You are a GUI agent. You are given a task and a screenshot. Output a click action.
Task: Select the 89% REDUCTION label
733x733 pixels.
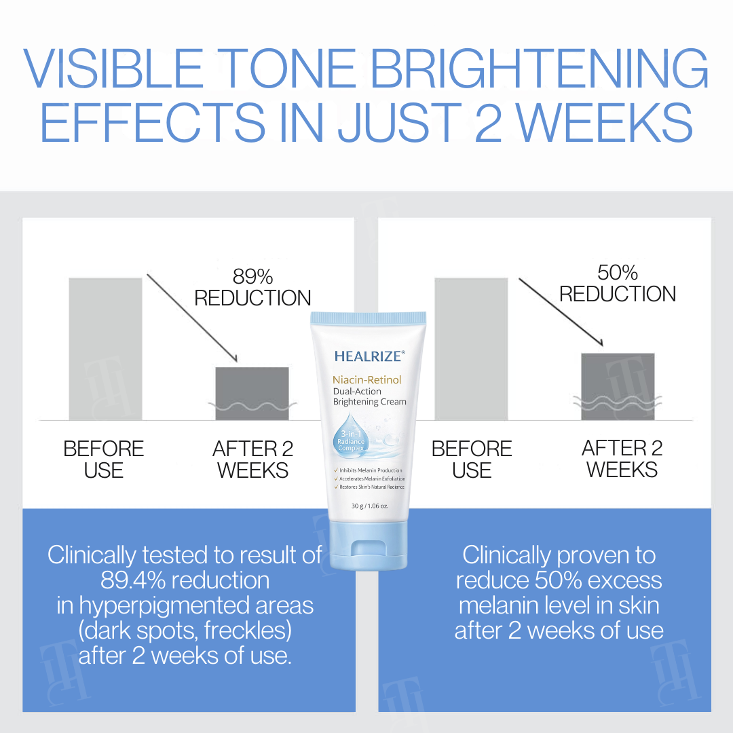pos(252,287)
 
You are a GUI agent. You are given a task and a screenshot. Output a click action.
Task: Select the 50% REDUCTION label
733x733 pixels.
pos(618,283)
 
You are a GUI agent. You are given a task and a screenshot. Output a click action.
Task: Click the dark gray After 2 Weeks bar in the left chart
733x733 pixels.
pos(252,393)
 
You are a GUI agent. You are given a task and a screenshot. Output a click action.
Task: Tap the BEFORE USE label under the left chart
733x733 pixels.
pos(104,459)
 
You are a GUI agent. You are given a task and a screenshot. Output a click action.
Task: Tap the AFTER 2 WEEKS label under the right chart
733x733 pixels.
pos(622,459)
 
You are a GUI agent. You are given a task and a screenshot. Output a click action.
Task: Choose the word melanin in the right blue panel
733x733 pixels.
pos(502,605)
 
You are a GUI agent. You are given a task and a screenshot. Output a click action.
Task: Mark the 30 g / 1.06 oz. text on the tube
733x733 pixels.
pos(369,506)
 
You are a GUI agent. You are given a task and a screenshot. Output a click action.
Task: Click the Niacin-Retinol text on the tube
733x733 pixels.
pos(367,379)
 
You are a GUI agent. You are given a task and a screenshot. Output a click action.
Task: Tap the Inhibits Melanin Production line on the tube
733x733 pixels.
pos(371,470)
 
